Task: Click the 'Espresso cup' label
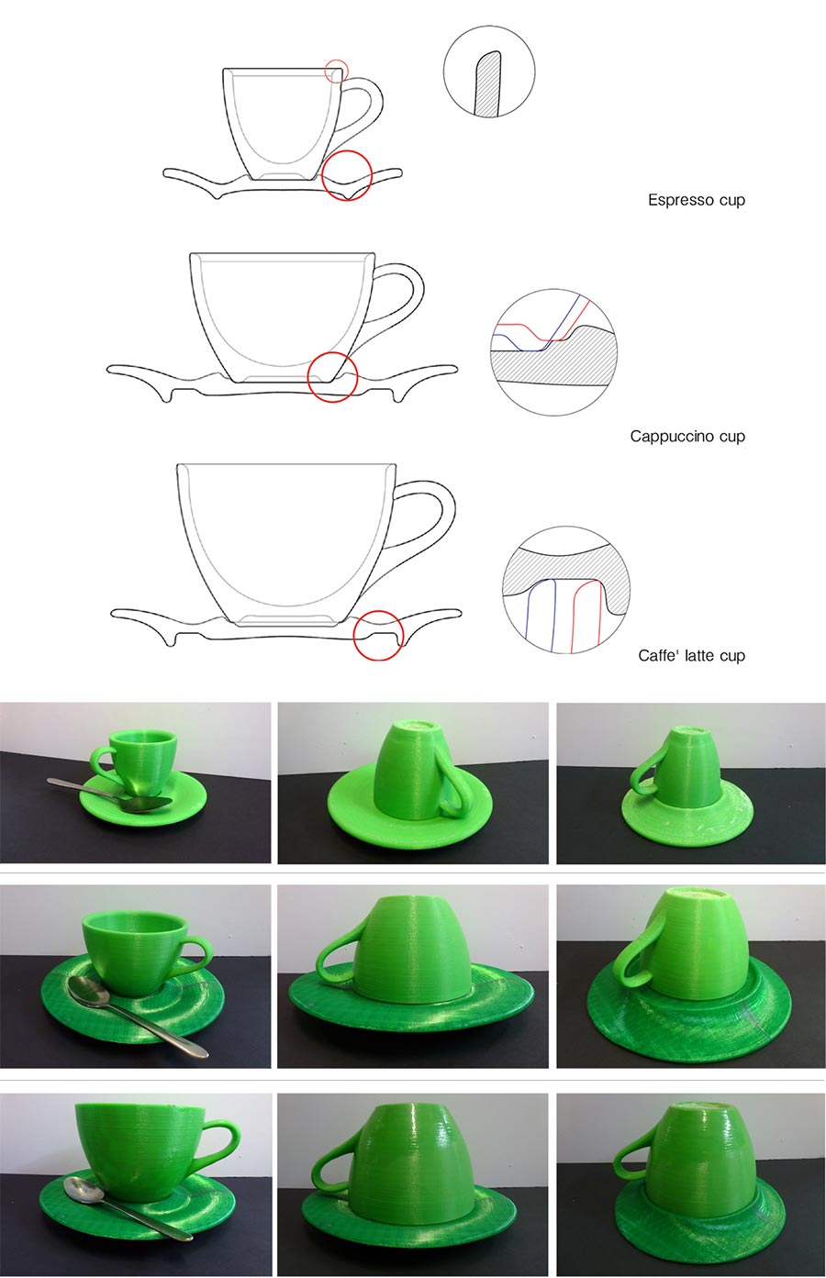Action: [697, 200]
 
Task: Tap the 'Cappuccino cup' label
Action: [687, 437]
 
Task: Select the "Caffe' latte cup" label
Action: [691, 656]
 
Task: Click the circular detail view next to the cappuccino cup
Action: [553, 352]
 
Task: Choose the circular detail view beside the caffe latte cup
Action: [566, 590]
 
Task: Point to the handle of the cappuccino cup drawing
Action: [412, 303]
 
